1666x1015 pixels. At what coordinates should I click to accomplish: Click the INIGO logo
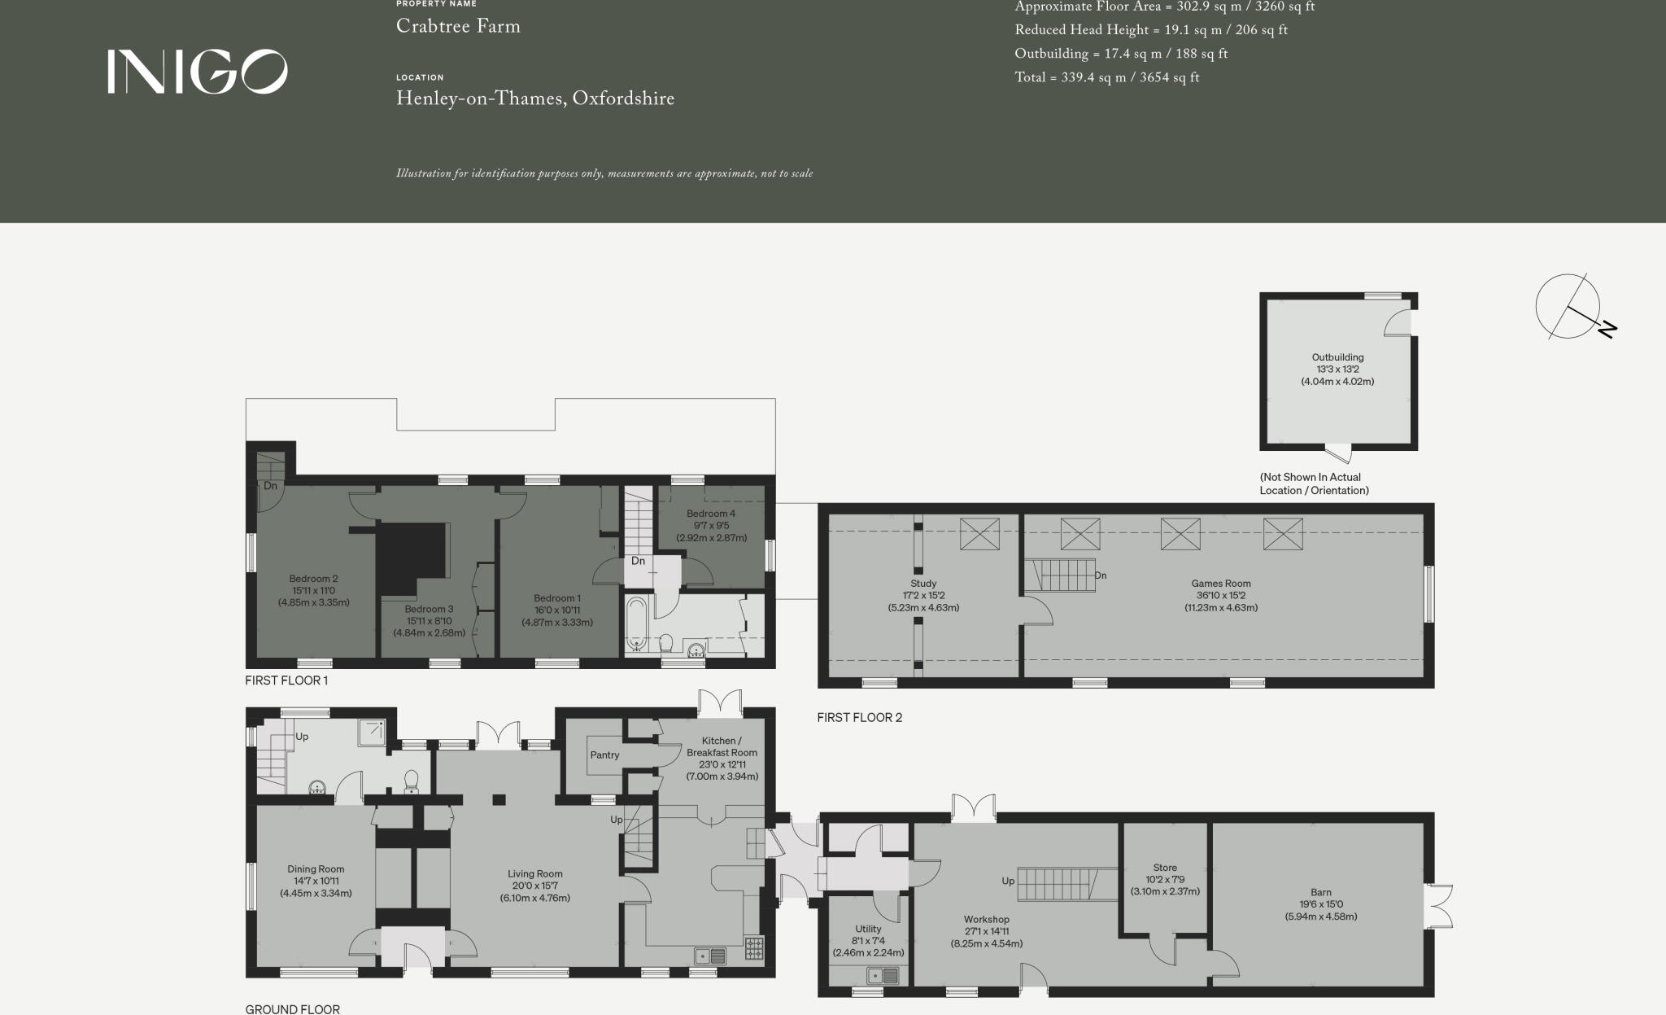tap(198, 72)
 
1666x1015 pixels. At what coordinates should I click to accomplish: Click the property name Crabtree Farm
tap(458, 26)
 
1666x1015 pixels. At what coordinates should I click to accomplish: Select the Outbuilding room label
tap(1337, 357)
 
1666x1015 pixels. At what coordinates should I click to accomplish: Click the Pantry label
tap(604, 755)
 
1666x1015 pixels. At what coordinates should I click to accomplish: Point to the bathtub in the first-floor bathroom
tap(637, 624)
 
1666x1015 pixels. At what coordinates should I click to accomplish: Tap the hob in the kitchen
tap(754, 949)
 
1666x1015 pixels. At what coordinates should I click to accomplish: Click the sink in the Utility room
tap(883, 975)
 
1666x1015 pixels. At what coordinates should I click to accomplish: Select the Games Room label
tap(1220, 584)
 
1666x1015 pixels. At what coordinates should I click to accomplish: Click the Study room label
tap(923, 584)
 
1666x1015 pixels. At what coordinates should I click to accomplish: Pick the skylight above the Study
tap(979, 534)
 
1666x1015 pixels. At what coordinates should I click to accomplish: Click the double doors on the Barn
tap(1441, 906)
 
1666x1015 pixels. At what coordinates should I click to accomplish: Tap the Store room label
tap(1165, 868)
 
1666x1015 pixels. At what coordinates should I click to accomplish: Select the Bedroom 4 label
tap(710, 514)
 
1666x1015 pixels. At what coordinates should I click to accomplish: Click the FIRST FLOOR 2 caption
tap(859, 717)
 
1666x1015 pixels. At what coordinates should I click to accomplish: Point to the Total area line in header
tap(1106, 78)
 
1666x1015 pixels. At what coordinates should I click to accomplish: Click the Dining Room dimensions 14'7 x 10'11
tap(316, 881)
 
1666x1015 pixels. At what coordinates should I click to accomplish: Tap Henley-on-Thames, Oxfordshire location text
tap(534, 99)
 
